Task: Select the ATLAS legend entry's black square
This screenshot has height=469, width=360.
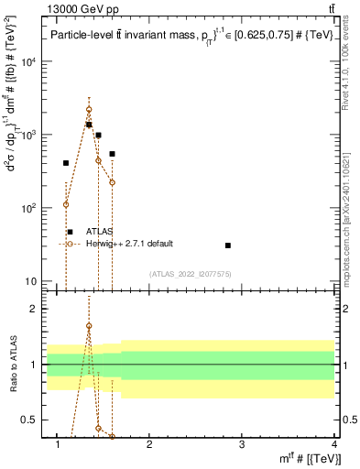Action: [70, 232]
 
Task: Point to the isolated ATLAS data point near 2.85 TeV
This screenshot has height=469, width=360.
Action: [227, 245]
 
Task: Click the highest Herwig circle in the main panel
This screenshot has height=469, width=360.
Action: [89, 109]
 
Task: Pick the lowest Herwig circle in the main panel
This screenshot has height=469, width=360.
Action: [66, 204]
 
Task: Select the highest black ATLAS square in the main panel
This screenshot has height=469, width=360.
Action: [89, 125]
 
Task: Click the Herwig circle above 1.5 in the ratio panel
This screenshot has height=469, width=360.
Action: [89, 326]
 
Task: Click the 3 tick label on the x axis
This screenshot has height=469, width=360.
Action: [242, 445]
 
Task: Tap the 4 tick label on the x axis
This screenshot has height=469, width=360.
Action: [333, 445]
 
